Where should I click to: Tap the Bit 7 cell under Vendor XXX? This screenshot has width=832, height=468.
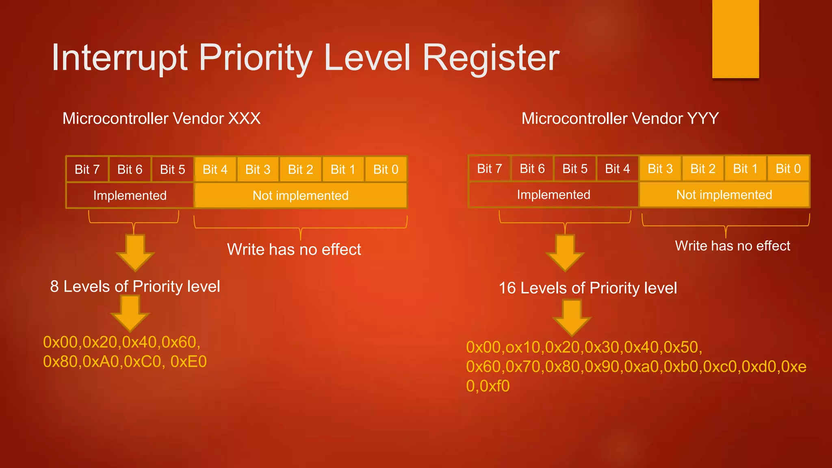pos(87,169)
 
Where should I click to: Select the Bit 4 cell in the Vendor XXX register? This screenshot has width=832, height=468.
pos(215,169)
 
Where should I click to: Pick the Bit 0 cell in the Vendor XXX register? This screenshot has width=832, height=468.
pos(386,169)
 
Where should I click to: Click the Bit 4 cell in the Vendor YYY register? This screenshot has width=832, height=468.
pos(617,169)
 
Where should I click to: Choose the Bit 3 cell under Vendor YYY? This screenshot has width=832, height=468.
pos(660,169)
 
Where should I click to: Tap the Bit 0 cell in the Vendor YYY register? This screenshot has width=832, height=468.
pos(788,169)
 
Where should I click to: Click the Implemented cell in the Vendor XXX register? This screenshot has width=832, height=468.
pos(130,195)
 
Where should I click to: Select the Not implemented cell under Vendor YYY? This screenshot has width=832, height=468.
pos(724,195)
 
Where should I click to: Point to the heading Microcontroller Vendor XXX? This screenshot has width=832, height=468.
pos(161,119)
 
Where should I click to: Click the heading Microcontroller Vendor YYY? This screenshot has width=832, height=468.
pos(620,119)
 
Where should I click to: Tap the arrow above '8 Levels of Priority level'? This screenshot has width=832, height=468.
pos(135,252)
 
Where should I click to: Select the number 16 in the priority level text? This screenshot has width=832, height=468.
pos(507,288)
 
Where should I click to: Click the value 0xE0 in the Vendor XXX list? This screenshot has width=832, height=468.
pos(188,362)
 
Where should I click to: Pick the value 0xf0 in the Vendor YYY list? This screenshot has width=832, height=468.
pos(494,386)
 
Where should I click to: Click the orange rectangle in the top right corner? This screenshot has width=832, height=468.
pos(735,39)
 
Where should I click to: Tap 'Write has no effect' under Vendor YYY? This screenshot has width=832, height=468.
pos(732,246)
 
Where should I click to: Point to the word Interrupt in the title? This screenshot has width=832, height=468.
pos(119,58)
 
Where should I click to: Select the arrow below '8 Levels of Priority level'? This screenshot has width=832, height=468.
pos(130,313)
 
